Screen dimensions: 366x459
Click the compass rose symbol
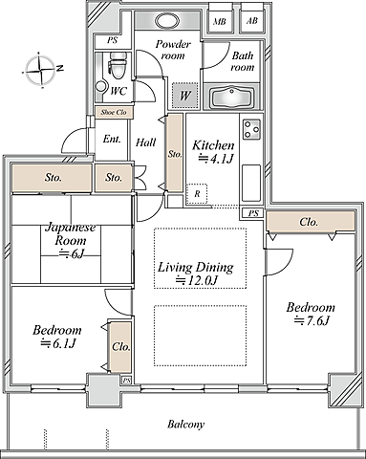pyautogui.click(x=40, y=70)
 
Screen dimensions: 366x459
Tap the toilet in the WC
pyautogui.click(x=118, y=65)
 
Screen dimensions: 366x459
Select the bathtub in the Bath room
pyautogui.click(x=232, y=98)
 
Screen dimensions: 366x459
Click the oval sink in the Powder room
pyautogui.click(x=167, y=21)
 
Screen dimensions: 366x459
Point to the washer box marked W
pyautogui.click(x=185, y=96)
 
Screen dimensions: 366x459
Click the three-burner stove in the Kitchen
pyautogui.click(x=251, y=129)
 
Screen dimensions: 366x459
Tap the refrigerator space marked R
pyautogui.click(x=197, y=193)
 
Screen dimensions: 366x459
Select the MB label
pyautogui.click(x=220, y=22)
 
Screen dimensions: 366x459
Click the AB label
pyautogui.click(x=252, y=21)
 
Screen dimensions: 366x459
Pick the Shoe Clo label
pyautogui.click(x=114, y=112)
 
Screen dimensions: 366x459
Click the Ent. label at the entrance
pyautogui.click(x=112, y=139)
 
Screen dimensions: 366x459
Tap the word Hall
pyautogui.click(x=146, y=142)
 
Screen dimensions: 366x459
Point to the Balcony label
pyautogui.click(x=185, y=425)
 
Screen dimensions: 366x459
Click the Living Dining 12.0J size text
pyautogui.click(x=197, y=281)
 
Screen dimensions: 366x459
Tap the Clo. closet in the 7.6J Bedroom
pyautogui.click(x=311, y=222)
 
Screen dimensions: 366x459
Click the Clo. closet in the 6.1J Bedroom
pyautogui.click(x=120, y=347)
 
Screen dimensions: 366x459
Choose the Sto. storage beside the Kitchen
pyautogui.click(x=175, y=154)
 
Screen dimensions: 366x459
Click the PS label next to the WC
pyautogui.click(x=112, y=40)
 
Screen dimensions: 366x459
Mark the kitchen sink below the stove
pyautogui.click(x=251, y=183)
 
